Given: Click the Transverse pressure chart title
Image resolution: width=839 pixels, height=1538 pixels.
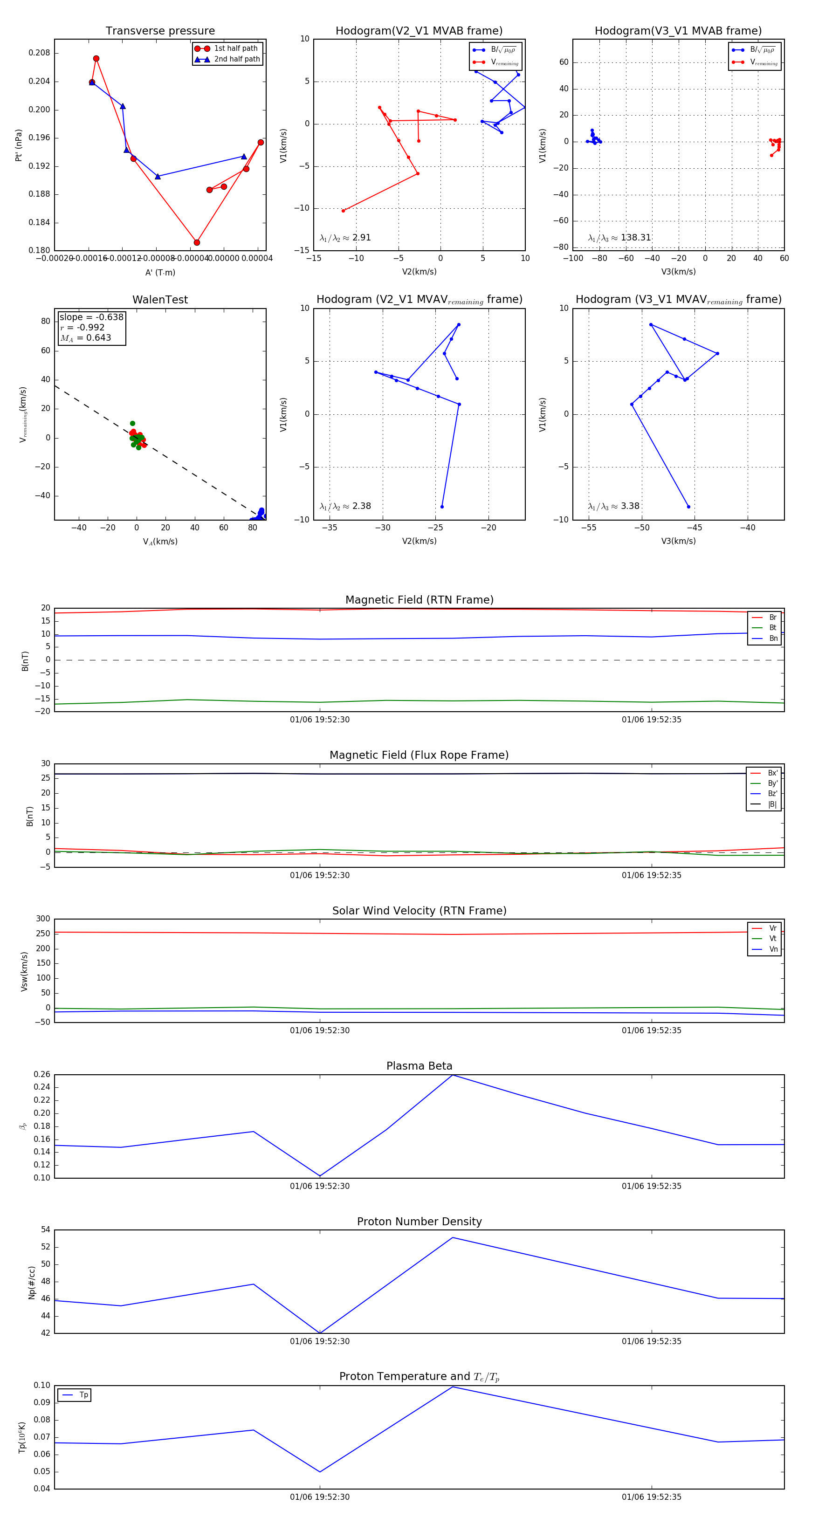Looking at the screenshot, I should click(160, 31).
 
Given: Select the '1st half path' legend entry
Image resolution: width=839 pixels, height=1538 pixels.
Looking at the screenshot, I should click(235, 48).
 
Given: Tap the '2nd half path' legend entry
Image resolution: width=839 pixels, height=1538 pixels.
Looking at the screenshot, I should click(236, 59).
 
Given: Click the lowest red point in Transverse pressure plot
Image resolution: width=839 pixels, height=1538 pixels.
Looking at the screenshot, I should click(196, 242).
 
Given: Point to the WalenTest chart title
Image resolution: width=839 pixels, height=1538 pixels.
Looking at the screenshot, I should click(160, 300).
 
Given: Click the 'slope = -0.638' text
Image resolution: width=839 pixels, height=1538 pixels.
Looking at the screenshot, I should click(91, 317).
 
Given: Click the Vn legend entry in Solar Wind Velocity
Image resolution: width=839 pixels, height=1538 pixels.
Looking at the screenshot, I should click(773, 949).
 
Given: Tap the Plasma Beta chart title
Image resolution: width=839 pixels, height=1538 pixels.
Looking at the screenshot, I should click(419, 1066).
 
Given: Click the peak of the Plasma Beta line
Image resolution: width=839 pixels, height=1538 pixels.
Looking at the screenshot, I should click(453, 1075).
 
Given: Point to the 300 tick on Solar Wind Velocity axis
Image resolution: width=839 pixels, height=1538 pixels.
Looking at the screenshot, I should click(43, 919).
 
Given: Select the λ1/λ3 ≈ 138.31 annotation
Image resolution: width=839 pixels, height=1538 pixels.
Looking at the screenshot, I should click(619, 238).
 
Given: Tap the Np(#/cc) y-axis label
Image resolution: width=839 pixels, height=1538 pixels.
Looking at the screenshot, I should click(32, 1283).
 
